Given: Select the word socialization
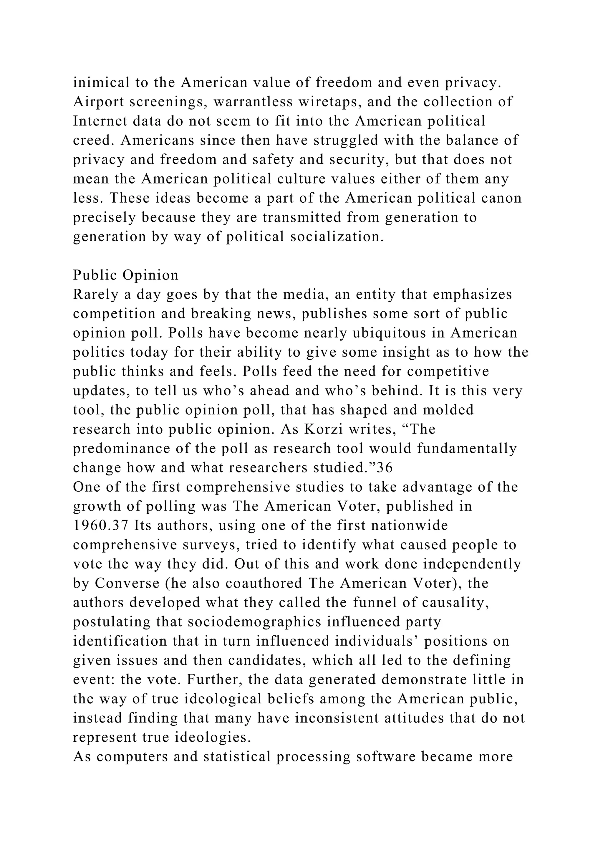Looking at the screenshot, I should [337, 237].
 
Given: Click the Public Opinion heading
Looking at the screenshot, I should [125, 275].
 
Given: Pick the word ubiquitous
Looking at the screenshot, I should [389, 333].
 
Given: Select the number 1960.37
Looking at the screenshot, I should [100, 526].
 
